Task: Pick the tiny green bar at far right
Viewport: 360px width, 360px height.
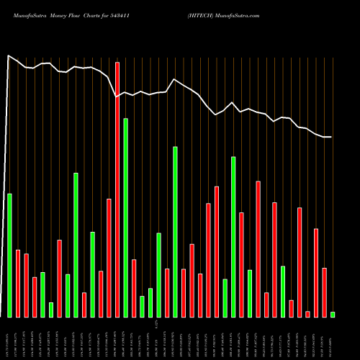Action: tap(333, 314)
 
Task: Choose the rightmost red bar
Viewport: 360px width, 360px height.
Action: tap(324, 292)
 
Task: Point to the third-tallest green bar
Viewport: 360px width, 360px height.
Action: tap(233, 237)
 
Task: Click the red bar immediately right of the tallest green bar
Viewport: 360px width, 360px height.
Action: tap(134, 288)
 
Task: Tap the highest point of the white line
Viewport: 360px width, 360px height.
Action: tap(9, 55)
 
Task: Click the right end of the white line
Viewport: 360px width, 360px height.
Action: tap(332, 137)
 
